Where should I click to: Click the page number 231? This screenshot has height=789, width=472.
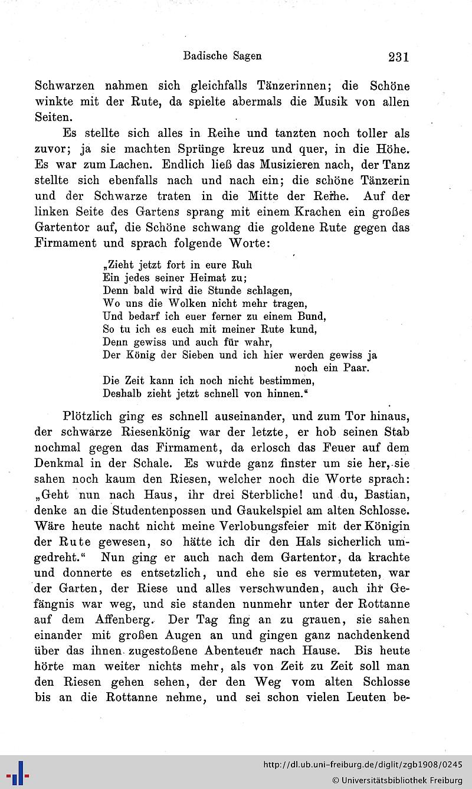click(x=398, y=57)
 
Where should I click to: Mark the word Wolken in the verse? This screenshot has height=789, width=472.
click(x=175, y=303)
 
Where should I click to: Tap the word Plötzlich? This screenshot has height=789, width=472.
click(x=88, y=416)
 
